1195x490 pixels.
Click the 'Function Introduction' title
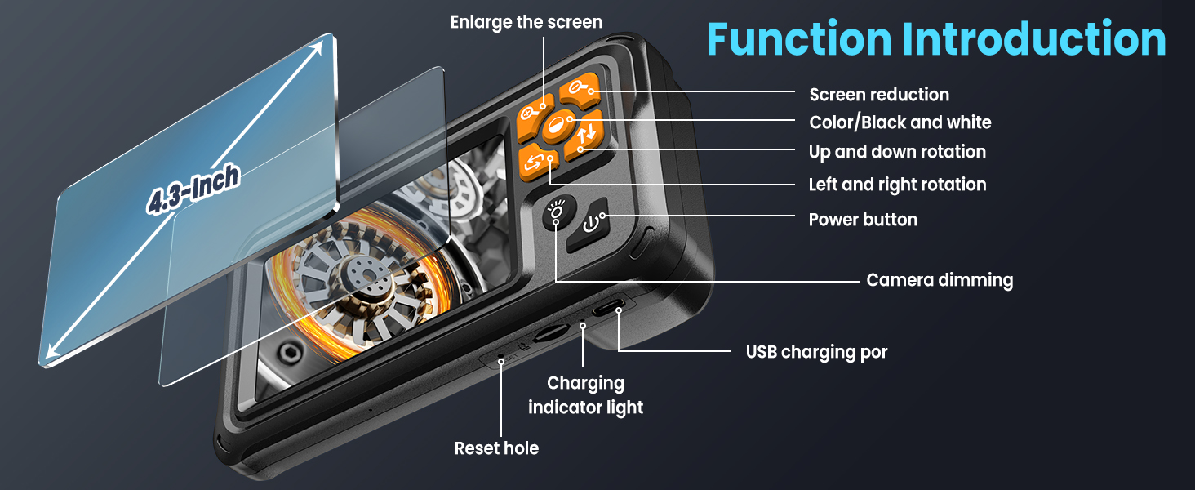point(936,39)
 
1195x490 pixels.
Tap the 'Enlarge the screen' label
point(526,22)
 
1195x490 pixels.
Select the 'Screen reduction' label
point(879,95)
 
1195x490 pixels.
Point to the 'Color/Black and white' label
point(900,122)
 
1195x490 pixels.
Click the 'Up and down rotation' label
point(897,152)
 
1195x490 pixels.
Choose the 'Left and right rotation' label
point(897,185)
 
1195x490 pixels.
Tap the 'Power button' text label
point(863,220)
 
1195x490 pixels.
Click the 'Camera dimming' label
point(940,280)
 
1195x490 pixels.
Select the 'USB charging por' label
point(816,352)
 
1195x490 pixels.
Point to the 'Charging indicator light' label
point(585,394)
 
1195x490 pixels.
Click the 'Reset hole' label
point(496,448)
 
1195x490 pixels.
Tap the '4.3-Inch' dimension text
point(193,190)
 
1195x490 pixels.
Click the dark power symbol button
point(593,221)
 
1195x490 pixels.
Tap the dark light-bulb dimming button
point(558,213)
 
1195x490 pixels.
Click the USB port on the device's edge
point(609,307)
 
